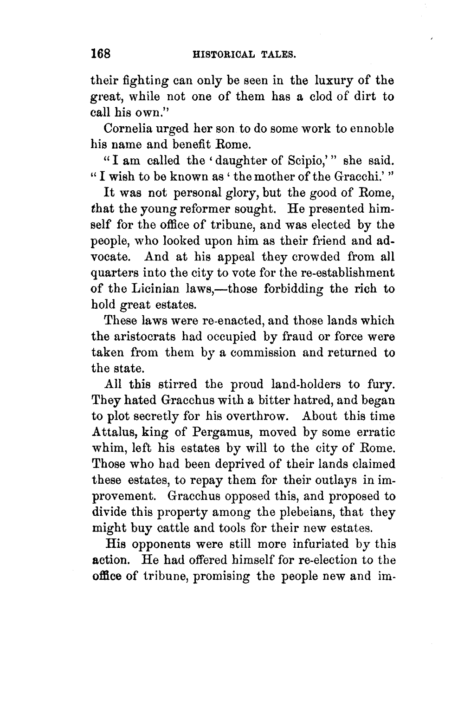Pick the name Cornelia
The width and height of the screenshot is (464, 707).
tap(126, 129)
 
